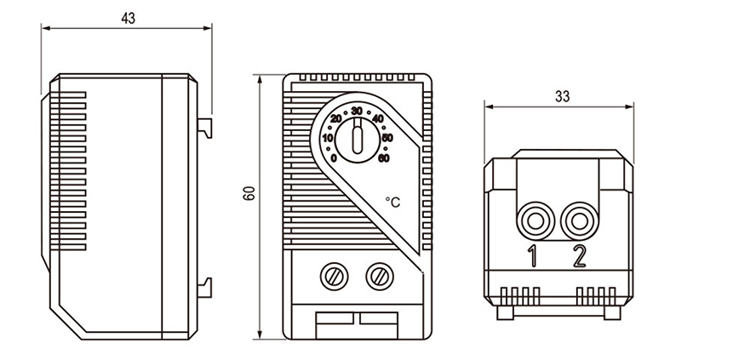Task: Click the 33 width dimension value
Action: coord(561,96)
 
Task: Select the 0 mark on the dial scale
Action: coord(334,157)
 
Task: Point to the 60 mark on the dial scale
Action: coord(384,157)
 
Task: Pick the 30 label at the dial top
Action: coord(357,111)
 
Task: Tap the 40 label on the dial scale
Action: coord(378,118)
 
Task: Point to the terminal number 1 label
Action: coord(533,256)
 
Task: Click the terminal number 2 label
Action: coord(580,256)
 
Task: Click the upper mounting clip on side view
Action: coord(204,126)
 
